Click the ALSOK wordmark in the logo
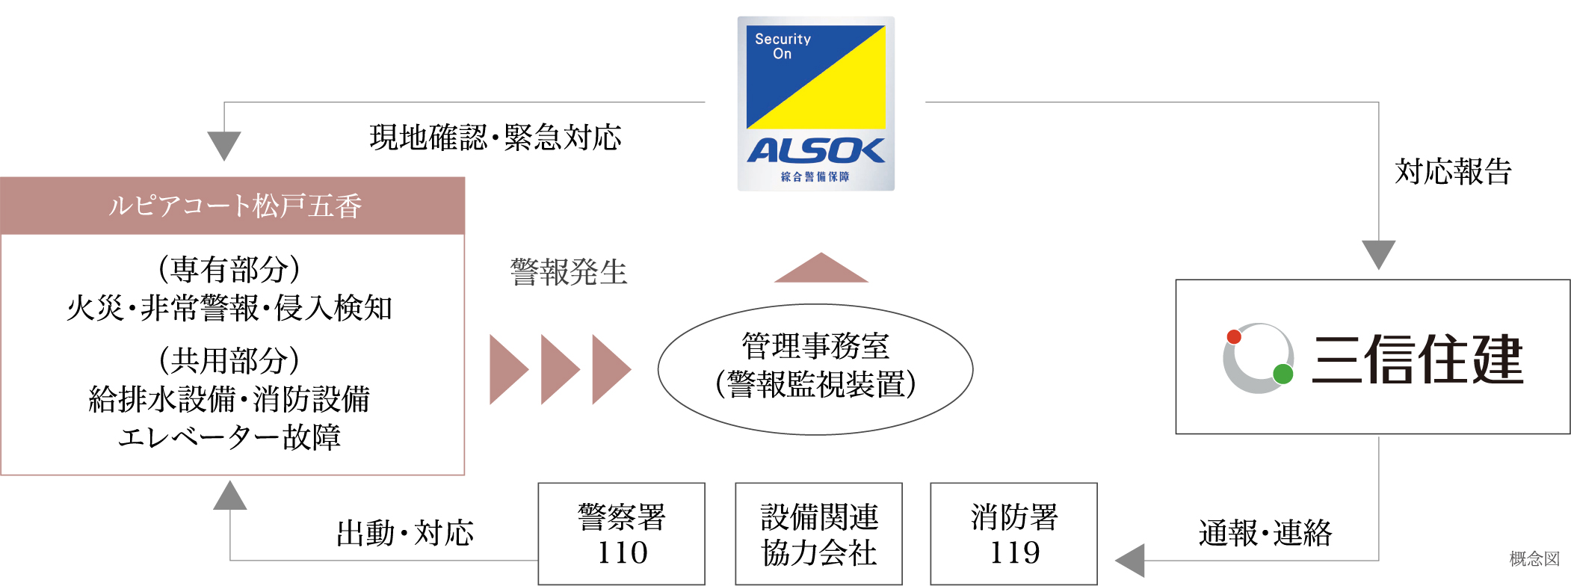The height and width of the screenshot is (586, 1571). click(x=815, y=151)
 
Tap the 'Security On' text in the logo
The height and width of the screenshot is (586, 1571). click(x=782, y=46)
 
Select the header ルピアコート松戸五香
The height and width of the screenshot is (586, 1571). click(x=233, y=206)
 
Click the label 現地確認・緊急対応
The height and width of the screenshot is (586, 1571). click(x=495, y=138)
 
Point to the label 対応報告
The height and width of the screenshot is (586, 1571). click(x=1452, y=172)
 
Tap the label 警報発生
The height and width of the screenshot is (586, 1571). click(x=568, y=272)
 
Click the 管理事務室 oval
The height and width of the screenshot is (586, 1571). click(x=815, y=368)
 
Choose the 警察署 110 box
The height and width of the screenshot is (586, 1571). click(x=621, y=534)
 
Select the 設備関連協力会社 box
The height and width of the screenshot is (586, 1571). click(x=818, y=534)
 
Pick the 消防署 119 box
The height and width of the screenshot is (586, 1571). click(x=1013, y=534)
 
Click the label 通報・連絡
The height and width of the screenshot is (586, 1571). click(x=1265, y=534)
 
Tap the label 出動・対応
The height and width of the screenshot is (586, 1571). click(x=404, y=534)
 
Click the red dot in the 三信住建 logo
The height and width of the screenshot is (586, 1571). click(x=1234, y=337)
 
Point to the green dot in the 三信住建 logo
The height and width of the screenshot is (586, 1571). click(x=1283, y=374)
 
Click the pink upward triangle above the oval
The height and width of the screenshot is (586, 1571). click(x=821, y=270)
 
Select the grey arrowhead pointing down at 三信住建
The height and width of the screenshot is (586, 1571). click(x=1378, y=253)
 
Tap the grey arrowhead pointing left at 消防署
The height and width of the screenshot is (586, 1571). click(x=1132, y=561)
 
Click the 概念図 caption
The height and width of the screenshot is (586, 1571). click(x=1534, y=558)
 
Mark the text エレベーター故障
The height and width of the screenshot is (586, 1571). click(x=229, y=437)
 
